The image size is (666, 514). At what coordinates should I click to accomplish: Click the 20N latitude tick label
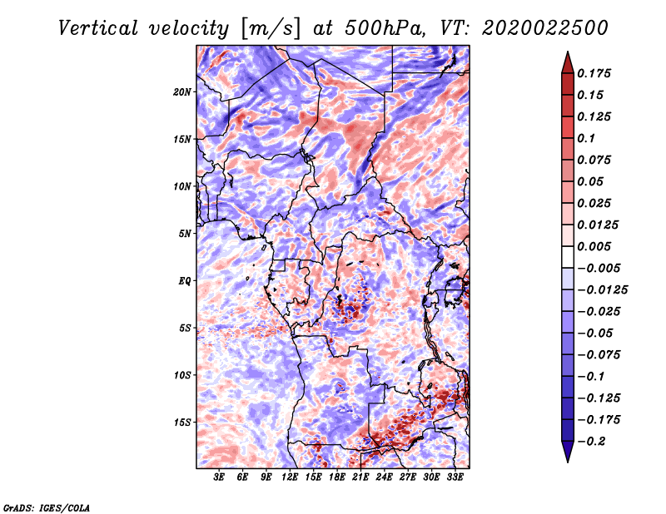pyautogui.click(x=182, y=92)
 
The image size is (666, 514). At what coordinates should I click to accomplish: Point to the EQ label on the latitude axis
pyautogui.click(x=184, y=281)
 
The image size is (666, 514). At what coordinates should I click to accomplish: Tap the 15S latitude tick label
pyautogui.click(x=182, y=423)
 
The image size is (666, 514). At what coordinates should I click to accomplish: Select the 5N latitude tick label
pyautogui.click(x=184, y=234)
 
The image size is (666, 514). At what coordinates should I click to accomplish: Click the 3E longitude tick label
pyautogui.click(x=219, y=477)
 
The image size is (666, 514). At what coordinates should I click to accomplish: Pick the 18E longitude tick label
pyautogui.click(x=336, y=477)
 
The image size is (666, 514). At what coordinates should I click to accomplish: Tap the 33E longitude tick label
pyautogui.click(x=455, y=477)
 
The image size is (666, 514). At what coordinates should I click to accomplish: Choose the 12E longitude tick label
pyautogui.click(x=289, y=477)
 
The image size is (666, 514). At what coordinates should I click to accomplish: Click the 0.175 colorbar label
pyautogui.click(x=594, y=73)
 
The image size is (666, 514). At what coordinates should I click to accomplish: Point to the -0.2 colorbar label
pyautogui.click(x=591, y=442)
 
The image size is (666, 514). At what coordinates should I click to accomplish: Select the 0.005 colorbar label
pyautogui.click(x=594, y=246)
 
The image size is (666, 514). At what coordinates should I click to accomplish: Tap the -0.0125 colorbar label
pyautogui.click(x=602, y=290)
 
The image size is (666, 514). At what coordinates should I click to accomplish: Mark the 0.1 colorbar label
pyautogui.click(x=586, y=138)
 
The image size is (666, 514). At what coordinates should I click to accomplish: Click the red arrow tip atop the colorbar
pyautogui.click(x=568, y=52)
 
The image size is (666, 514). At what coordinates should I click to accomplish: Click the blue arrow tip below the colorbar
pyautogui.click(x=568, y=462)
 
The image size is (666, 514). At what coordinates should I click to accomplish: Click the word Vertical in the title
pyautogui.click(x=98, y=28)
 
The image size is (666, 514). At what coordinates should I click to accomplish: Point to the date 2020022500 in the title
pyautogui.click(x=545, y=28)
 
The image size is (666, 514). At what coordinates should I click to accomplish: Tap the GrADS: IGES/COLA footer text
pyautogui.click(x=47, y=507)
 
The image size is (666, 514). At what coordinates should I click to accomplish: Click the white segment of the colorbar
pyautogui.click(x=568, y=257)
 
